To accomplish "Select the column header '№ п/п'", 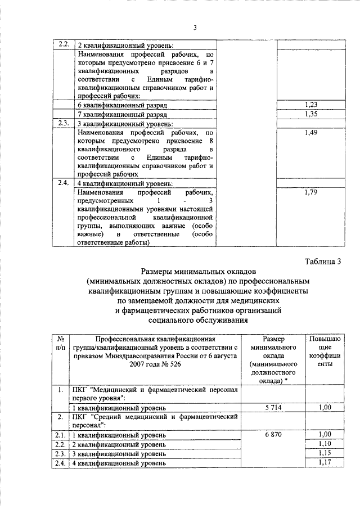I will pos(60,344).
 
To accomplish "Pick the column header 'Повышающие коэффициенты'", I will pos(323,352).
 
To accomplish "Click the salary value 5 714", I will pos(273,407).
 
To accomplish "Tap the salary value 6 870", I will pos(273,435).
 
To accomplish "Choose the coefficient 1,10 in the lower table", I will pos(325,444).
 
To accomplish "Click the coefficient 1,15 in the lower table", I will pos(325,453).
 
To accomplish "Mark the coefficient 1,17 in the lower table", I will pos(325,462).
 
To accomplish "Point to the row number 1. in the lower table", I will pos(60,389).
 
